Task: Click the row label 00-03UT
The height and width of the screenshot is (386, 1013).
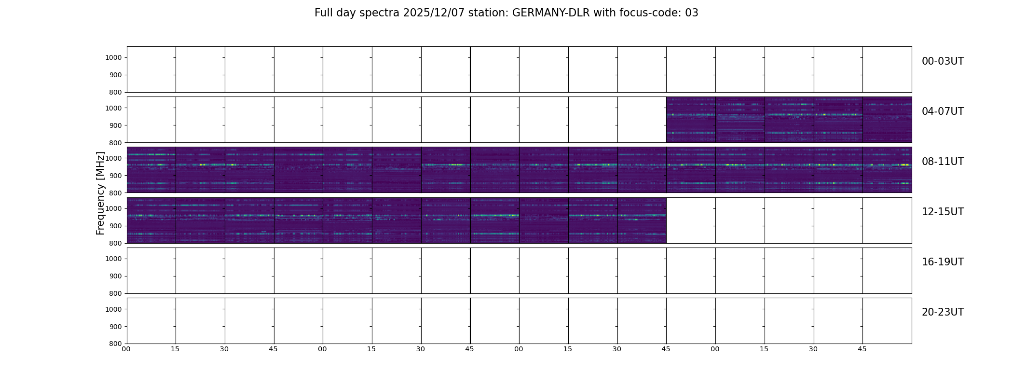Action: [x=943, y=61]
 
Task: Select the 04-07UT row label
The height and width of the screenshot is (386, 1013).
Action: [x=943, y=111]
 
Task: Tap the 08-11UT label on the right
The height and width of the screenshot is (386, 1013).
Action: [x=943, y=162]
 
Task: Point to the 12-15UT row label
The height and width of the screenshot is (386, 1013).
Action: [x=943, y=212]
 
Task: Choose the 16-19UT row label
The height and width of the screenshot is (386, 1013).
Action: [x=943, y=262]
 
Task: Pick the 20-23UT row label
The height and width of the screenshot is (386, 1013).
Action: [x=943, y=312]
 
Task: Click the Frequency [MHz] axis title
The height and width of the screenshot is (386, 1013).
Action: [x=100, y=193]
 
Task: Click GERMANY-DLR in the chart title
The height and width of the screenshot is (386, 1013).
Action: [x=551, y=13]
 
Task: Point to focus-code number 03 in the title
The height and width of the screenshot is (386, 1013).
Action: [x=692, y=13]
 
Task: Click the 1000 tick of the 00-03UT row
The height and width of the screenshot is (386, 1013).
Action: [x=113, y=58]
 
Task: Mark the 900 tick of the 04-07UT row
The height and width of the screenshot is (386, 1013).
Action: [x=115, y=125]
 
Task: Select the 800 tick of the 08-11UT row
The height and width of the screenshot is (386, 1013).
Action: [x=115, y=193]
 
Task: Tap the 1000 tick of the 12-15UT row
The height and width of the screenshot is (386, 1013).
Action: [x=113, y=209]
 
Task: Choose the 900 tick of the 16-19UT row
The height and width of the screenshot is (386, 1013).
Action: [x=115, y=276]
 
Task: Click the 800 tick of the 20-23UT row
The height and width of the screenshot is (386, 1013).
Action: [x=115, y=344]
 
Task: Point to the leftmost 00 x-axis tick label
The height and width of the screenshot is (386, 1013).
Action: [x=126, y=349]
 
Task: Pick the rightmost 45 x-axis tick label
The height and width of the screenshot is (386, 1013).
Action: [x=862, y=349]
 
